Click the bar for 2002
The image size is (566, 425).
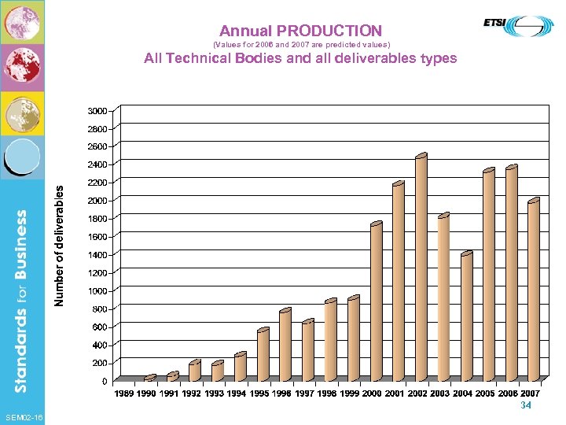click(x=421, y=268)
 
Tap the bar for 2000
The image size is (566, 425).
click(x=376, y=302)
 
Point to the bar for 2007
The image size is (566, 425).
click(x=534, y=290)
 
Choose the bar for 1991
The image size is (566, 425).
click(x=172, y=376)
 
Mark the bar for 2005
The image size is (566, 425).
click(x=488, y=275)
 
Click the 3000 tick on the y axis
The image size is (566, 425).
click(x=97, y=110)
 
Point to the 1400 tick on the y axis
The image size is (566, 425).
click(x=97, y=255)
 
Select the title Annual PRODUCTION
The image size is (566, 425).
click(x=301, y=31)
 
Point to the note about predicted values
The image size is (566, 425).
click(x=301, y=45)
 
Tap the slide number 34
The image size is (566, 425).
click(x=526, y=405)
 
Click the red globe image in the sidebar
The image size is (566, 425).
click(x=21, y=67)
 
